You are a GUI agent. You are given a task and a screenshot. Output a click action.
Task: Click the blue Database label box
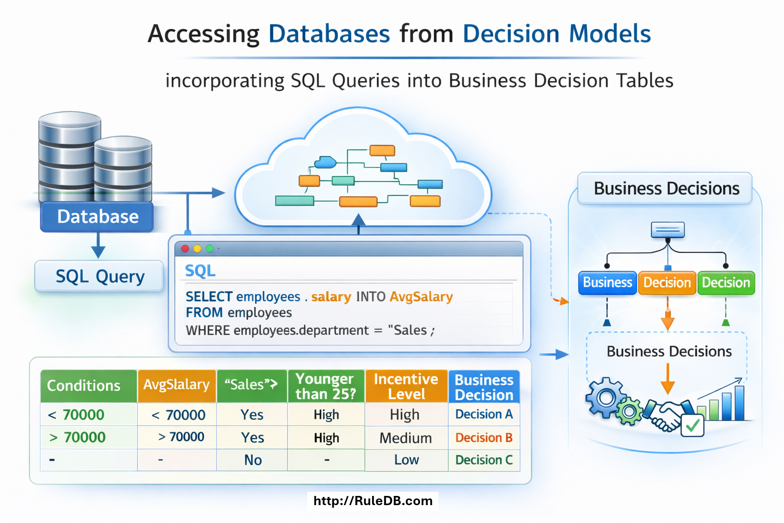click(97, 217)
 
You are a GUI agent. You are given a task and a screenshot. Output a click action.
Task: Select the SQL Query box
click(100, 276)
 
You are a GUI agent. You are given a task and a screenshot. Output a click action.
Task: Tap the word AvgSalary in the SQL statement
click(421, 297)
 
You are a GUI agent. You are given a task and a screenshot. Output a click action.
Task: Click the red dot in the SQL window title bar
click(185, 249)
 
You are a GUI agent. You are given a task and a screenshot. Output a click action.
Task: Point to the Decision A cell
click(484, 414)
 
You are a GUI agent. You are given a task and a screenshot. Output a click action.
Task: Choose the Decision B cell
click(484, 438)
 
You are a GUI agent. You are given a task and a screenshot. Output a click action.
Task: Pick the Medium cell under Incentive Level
click(406, 438)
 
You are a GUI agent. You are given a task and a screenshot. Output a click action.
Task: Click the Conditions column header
click(84, 386)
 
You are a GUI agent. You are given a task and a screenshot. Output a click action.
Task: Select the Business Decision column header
click(484, 387)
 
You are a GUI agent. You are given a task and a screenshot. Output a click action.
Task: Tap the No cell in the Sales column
click(253, 460)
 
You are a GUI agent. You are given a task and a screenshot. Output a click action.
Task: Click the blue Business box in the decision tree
click(607, 283)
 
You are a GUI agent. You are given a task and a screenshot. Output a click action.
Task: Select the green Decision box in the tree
click(726, 283)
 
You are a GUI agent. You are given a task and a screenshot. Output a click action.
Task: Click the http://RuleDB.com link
click(373, 501)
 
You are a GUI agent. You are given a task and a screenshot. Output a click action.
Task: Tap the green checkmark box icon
click(693, 425)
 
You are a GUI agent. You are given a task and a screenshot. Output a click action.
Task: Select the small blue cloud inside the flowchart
click(325, 162)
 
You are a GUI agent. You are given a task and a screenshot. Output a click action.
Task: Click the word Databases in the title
click(329, 34)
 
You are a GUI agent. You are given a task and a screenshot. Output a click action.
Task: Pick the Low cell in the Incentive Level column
click(406, 460)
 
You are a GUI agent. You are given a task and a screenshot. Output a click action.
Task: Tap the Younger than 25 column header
click(326, 386)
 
